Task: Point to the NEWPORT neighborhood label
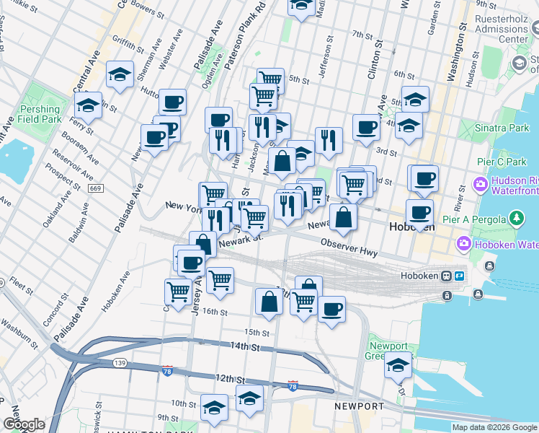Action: point(359,406)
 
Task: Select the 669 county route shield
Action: point(96,188)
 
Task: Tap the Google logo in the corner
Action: point(24,424)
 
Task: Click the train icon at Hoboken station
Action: point(447,276)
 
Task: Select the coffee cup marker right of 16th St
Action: point(331,310)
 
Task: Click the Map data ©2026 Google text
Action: point(494,427)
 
